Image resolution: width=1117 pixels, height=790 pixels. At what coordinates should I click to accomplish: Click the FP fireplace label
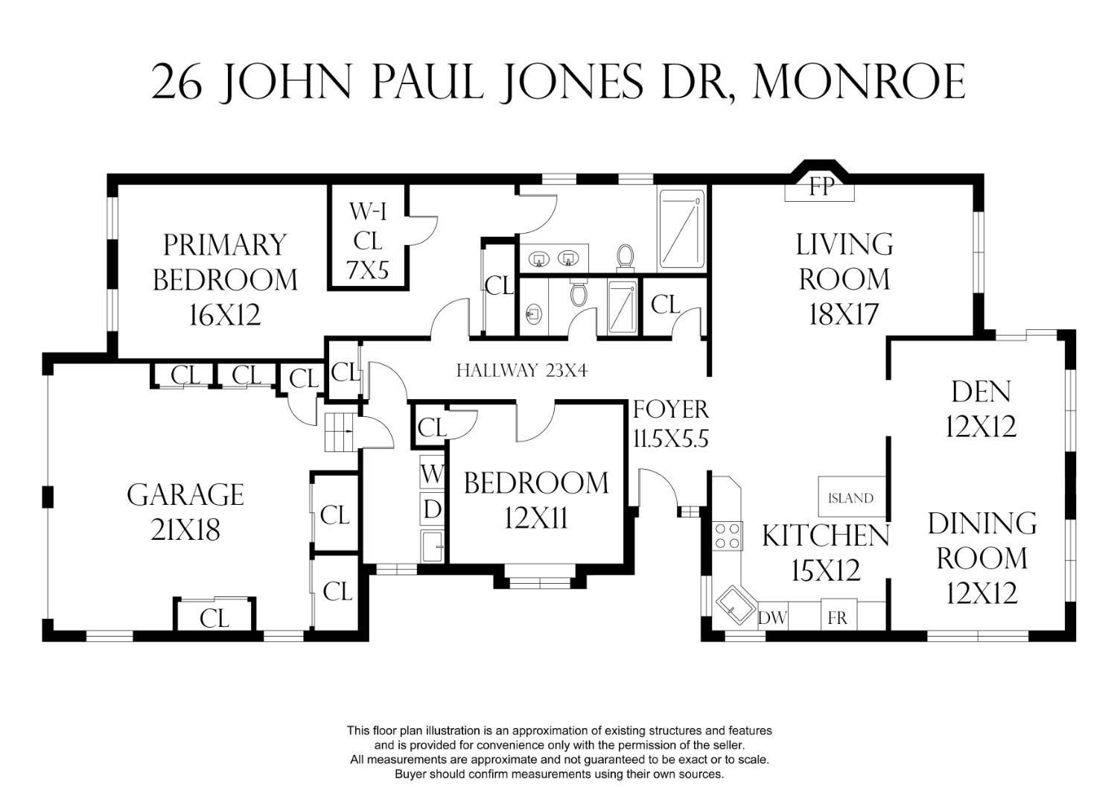coord(821,187)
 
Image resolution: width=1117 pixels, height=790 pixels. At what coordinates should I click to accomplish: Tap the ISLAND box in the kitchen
coord(852,497)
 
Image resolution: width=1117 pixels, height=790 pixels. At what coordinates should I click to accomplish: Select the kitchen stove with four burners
coord(727,535)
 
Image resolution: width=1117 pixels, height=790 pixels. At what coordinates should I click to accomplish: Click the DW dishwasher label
coord(772,618)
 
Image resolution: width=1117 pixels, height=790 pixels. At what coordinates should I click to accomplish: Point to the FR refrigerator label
coord(837,618)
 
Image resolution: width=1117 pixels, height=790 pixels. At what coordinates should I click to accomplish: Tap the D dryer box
coord(432,509)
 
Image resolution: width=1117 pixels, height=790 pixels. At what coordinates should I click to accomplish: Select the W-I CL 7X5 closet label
coord(368,241)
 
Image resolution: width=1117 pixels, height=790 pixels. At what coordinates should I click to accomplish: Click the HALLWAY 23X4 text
coord(522,371)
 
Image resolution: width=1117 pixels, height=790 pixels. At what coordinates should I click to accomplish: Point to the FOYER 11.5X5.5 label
coord(671,424)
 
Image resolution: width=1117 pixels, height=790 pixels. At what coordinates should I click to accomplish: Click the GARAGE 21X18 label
coord(185,512)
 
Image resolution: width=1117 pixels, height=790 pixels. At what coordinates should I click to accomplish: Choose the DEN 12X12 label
coord(981,409)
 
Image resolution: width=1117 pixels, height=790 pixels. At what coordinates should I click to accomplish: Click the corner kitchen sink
coord(736,605)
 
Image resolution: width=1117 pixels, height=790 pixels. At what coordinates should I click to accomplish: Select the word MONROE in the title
coord(859,83)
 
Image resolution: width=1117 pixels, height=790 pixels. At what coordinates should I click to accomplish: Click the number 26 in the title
coord(176,83)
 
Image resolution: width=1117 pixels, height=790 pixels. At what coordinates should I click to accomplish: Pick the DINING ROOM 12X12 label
coord(982,558)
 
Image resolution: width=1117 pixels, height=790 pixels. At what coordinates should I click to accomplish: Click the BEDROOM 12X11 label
coord(536,501)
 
